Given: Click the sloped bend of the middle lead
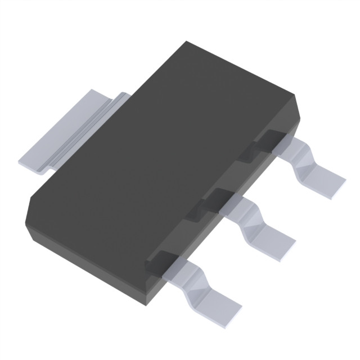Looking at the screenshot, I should pyautogui.click(x=250, y=217).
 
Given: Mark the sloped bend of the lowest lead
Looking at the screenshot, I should pyautogui.click(x=194, y=276).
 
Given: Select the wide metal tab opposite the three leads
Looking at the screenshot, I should pyautogui.click(x=67, y=132).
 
